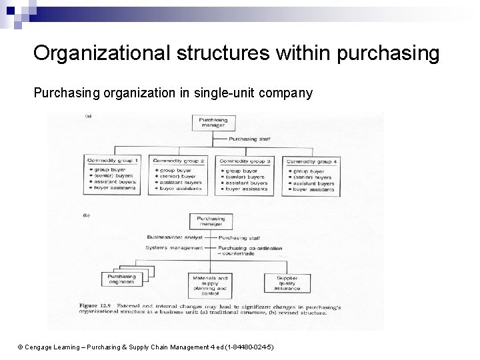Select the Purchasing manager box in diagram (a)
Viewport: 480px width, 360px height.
click(213, 123)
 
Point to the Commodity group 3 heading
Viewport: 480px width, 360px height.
click(245, 161)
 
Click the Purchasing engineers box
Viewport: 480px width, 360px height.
click(121, 279)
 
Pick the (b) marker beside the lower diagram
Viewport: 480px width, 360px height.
click(86, 215)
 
